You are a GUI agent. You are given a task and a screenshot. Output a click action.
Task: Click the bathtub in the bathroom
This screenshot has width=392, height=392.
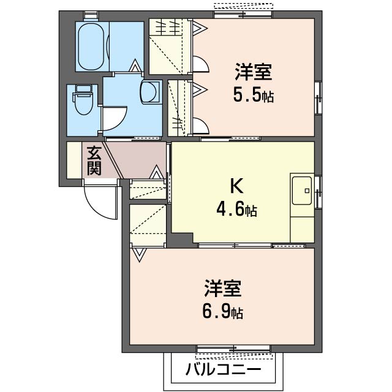(91, 47)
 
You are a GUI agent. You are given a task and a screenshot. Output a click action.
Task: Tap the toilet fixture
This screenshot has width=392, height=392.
(83, 99)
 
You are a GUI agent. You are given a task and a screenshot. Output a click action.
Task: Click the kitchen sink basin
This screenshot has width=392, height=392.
(302, 190)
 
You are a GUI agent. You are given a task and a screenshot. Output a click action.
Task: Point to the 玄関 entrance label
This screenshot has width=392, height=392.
(94, 160)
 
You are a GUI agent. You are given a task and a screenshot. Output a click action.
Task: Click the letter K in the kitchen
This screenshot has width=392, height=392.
(236, 186)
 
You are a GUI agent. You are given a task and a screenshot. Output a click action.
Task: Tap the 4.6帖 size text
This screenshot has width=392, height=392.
(236, 209)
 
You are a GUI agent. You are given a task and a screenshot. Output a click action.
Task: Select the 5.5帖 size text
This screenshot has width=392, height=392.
(253, 95)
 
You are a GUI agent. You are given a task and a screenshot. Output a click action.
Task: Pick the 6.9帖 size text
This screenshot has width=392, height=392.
(222, 312)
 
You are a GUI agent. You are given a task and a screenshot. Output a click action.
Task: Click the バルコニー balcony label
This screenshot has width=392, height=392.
(223, 369)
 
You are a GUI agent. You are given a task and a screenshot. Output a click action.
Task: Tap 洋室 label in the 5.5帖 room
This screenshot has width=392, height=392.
(253, 72)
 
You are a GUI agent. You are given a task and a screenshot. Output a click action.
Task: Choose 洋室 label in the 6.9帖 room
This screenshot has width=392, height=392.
(223, 288)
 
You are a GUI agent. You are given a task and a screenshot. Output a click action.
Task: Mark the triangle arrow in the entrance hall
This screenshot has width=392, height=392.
(157, 172)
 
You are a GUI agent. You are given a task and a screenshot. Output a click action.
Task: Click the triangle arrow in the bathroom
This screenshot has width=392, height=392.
(135, 66)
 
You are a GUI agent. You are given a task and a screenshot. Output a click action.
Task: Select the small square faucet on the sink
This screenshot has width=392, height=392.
(307, 190)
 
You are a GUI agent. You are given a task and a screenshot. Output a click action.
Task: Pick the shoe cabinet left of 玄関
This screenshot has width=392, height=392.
(74, 160)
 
